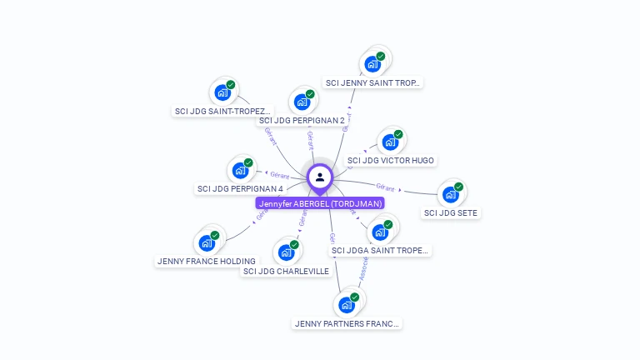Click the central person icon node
click(320, 177)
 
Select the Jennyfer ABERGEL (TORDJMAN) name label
click(321, 203)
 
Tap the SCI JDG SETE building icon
click(451, 194)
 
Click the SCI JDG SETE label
click(451, 212)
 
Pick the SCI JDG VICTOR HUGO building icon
click(390, 142)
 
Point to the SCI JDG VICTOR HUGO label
click(390, 160)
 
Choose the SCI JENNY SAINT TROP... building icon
click(372, 63)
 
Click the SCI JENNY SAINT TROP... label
click(373, 82)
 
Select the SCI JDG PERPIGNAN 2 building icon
click(302, 102)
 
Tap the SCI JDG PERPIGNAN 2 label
click(302, 120)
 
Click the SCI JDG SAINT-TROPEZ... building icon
click(222, 92)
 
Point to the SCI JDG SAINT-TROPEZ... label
click(222, 111)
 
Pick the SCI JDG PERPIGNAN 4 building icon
click(240, 170)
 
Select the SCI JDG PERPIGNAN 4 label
click(240, 188)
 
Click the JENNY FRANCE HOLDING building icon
click(206, 242)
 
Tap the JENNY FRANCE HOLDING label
click(207, 261)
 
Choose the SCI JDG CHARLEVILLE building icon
click(286, 252)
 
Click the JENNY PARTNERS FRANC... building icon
click(347, 304)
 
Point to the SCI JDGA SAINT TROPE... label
click(380, 250)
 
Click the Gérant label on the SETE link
click(385, 187)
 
